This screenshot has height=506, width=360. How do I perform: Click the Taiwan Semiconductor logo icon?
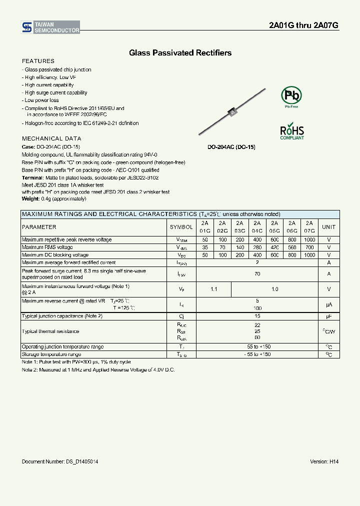coord(27,27)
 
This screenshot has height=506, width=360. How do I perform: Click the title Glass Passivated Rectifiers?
coord(180,52)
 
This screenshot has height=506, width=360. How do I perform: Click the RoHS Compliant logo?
coord(291,131)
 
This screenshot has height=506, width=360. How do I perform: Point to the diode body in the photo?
coord(231,113)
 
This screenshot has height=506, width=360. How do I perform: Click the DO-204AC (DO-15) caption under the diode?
coord(231,147)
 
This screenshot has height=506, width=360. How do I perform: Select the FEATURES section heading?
coord(38,61)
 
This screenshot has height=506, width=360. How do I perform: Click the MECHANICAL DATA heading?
coord(51,138)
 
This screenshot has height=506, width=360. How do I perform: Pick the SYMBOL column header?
coord(181,227)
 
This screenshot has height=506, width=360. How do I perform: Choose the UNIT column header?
coord(328,227)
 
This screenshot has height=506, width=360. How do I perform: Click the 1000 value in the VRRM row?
coord(309,239)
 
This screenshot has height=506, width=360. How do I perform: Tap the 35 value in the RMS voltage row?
coord(205,247)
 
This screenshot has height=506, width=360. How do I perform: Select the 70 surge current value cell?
coord(257,274)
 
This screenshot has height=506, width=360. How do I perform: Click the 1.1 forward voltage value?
coord(214,289)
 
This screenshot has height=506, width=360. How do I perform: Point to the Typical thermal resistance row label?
coord(50,331)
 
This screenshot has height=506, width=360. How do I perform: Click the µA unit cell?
coord(328,304)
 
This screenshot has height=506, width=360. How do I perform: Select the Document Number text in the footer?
coord(60,461)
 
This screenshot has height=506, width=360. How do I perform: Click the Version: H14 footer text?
coord(324,461)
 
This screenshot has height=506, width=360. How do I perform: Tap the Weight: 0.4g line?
coord(54,199)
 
